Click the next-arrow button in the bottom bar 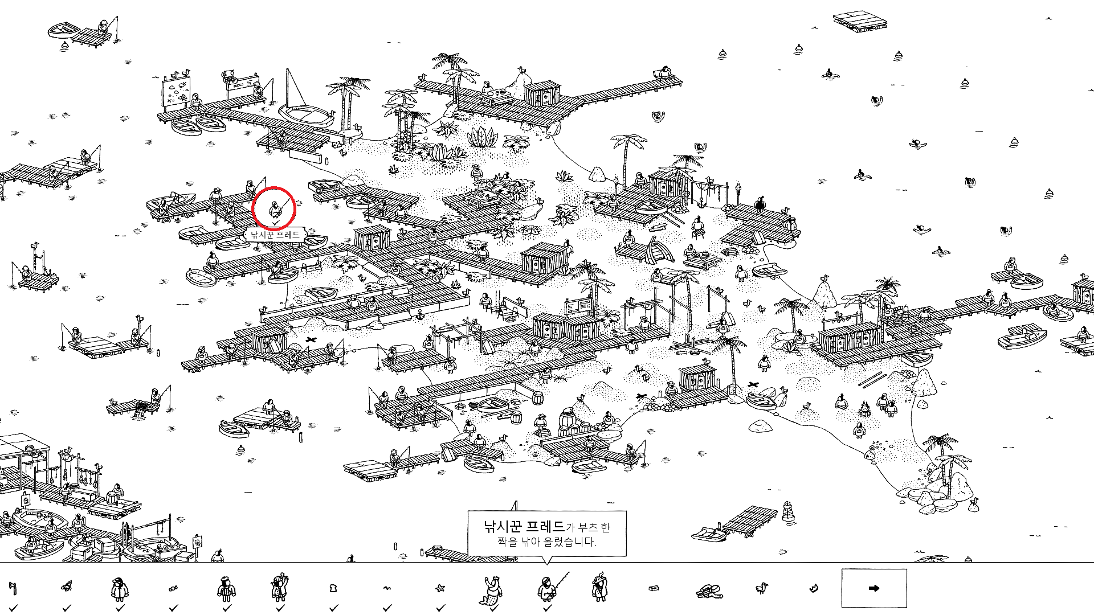pyautogui.click(x=874, y=588)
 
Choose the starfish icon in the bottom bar pyautogui.click(x=440, y=588)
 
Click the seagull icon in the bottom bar pyautogui.click(x=761, y=588)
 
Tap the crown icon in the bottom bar pyautogui.click(x=814, y=588)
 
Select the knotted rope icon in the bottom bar pyautogui.click(x=708, y=591)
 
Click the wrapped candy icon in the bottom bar pyautogui.click(x=173, y=589)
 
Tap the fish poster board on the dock pyautogui.click(x=177, y=92)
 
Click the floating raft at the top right pyautogui.click(x=860, y=20)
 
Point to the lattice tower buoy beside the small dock pyautogui.click(x=788, y=511)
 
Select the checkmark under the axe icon pyautogui.click(x=14, y=608)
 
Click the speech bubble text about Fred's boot pyautogui.click(x=546, y=534)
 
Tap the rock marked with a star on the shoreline pyautogui.click(x=870, y=454)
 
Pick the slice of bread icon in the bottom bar pyautogui.click(x=333, y=588)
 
